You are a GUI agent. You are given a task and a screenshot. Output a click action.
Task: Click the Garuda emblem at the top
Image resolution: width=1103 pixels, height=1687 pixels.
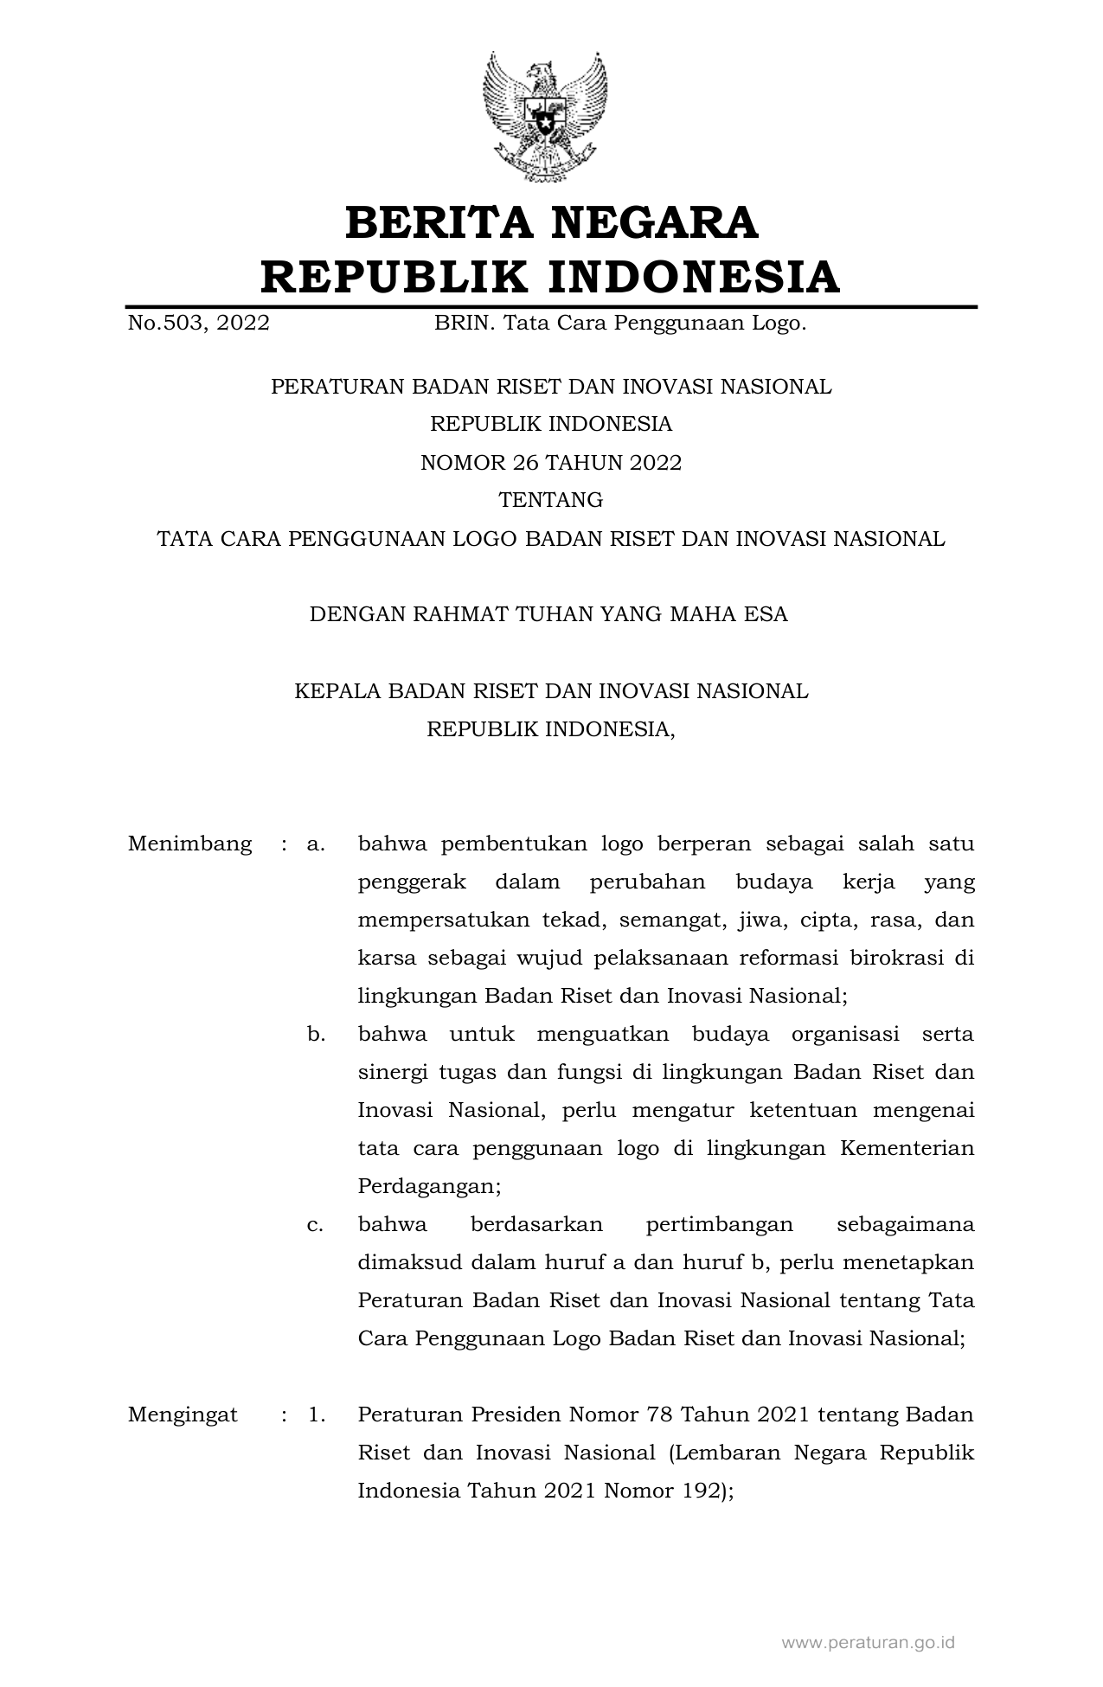click(x=544, y=117)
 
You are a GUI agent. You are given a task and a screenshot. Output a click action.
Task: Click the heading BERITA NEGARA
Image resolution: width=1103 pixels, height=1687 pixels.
click(x=551, y=222)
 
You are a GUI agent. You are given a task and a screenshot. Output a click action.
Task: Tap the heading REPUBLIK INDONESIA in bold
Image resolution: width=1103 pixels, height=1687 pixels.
click(x=551, y=277)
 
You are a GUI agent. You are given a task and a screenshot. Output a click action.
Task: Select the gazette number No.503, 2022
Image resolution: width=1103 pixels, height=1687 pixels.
click(x=198, y=324)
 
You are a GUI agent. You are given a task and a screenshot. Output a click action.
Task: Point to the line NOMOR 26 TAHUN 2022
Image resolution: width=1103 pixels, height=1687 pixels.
click(x=551, y=463)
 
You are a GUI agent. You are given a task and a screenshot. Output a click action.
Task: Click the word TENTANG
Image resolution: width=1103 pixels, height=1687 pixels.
click(x=551, y=501)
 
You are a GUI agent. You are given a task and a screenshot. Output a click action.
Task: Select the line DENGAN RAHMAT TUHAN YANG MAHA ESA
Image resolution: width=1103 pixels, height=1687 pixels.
click(x=548, y=615)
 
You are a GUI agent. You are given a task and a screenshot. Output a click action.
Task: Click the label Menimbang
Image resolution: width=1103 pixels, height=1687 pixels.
click(x=189, y=843)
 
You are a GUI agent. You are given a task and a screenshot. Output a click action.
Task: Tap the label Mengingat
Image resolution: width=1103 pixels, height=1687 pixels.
click(x=183, y=1415)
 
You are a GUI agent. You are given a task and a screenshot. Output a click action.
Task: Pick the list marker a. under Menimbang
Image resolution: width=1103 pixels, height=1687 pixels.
click(x=316, y=843)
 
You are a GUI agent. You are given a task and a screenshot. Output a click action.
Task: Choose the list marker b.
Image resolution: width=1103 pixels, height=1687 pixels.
click(x=316, y=1034)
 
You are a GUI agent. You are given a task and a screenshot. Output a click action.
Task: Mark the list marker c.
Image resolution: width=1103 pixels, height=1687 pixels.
click(x=316, y=1225)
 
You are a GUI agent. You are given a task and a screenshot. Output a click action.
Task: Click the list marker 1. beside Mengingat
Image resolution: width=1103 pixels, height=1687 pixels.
click(x=317, y=1415)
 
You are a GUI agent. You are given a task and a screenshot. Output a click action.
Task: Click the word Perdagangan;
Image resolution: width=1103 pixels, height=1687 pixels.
click(x=429, y=1187)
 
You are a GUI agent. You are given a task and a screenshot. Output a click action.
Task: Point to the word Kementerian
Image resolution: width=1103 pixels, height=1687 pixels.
click(x=907, y=1149)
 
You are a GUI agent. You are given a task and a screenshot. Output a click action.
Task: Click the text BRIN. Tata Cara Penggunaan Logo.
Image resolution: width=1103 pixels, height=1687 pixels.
click(x=619, y=324)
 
